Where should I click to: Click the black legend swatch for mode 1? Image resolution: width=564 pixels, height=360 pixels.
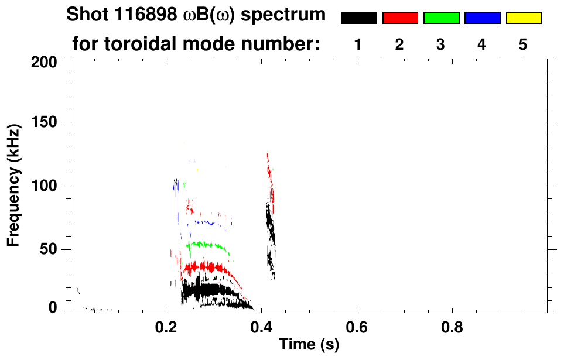coord(358,18)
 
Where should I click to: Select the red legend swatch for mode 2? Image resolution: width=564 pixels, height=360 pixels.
coord(400,18)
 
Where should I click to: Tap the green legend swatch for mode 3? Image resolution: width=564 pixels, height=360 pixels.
coord(441,18)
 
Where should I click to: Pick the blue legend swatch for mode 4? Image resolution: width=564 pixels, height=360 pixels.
coord(482,18)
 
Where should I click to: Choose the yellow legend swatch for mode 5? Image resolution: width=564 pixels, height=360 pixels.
coord(523,18)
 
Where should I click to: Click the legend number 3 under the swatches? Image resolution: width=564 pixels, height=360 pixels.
coord(440,45)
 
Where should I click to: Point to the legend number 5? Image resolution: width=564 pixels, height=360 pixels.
coord(523,45)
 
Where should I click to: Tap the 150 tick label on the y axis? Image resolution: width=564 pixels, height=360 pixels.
coord(45,123)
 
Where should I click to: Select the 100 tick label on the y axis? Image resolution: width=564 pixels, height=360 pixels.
coord(45,186)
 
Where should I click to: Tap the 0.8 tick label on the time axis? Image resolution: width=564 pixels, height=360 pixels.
coord(452,325)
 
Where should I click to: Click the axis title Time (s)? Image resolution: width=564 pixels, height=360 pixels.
coord(308,345)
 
